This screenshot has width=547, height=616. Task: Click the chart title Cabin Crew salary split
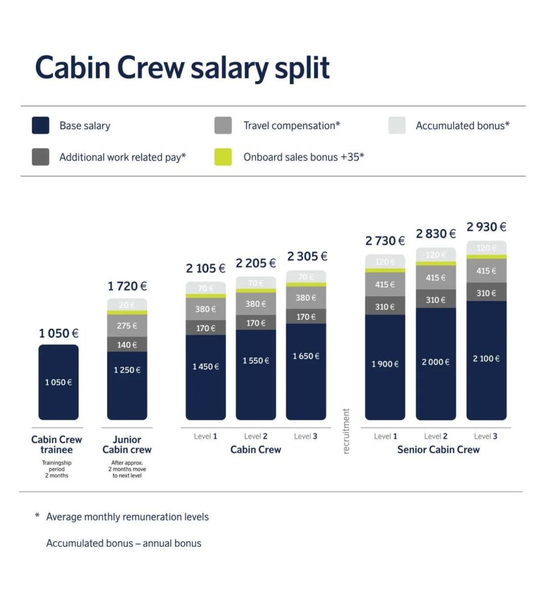point(182,67)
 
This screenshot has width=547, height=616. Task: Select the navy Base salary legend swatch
point(40,126)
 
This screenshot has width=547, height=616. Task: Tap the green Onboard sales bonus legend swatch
point(223,157)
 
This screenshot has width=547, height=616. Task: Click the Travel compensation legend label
point(292,126)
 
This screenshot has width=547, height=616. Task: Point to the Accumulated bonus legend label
point(463,126)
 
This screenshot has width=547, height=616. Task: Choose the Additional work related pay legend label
point(123,157)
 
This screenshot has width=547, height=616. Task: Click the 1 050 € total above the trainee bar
point(59,333)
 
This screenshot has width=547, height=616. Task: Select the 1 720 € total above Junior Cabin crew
point(127,286)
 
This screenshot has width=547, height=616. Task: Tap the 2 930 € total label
point(486,227)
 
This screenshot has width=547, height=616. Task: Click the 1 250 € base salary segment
point(127,370)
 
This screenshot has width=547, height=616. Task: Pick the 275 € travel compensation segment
point(127,326)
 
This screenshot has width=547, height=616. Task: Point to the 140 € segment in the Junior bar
point(127,345)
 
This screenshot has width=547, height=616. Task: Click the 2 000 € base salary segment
point(436,362)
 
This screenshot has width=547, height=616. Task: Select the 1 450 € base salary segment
point(206,366)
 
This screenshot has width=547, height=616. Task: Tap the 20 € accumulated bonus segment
point(127,305)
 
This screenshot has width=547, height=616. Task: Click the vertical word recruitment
point(346,431)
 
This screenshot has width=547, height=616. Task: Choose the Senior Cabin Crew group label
point(438,449)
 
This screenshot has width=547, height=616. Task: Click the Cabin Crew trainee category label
point(57,445)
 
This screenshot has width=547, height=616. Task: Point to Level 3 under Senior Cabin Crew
point(486,436)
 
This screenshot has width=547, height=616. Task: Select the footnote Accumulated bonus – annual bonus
point(124,543)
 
